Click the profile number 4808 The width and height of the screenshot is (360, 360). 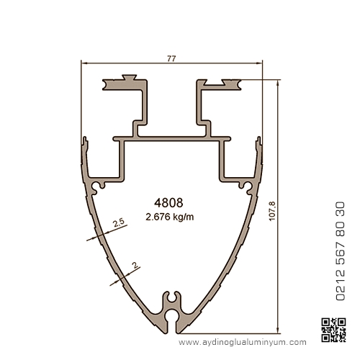pos(168,203)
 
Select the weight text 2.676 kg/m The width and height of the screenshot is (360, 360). pos(170,217)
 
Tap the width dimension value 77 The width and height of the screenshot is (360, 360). pos(171,58)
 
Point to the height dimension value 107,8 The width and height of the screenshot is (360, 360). pos(272,211)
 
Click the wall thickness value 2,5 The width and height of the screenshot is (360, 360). pos(119,222)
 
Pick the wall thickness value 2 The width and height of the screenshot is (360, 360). pos(135,265)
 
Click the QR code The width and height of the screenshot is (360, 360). pos(333,330)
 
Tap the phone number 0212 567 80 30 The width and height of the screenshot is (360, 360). pos(340,251)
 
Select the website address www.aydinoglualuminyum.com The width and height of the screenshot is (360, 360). pos(243,342)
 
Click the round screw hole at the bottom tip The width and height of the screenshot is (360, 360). pos(171,316)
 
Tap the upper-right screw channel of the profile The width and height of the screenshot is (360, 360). pos(246,186)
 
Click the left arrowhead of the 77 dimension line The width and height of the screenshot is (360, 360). pos(84,63)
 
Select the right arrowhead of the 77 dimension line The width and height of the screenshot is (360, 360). pos(260,63)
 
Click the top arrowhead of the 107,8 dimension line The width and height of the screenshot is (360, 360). pos(278,83)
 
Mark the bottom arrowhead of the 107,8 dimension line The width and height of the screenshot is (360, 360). pos(278,330)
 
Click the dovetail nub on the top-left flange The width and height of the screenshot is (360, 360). pos(130,77)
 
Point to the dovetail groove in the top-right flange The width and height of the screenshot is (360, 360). pos(214,83)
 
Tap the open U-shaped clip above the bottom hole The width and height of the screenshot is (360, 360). pos(171,297)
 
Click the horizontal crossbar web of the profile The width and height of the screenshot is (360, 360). pos(172,139)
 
